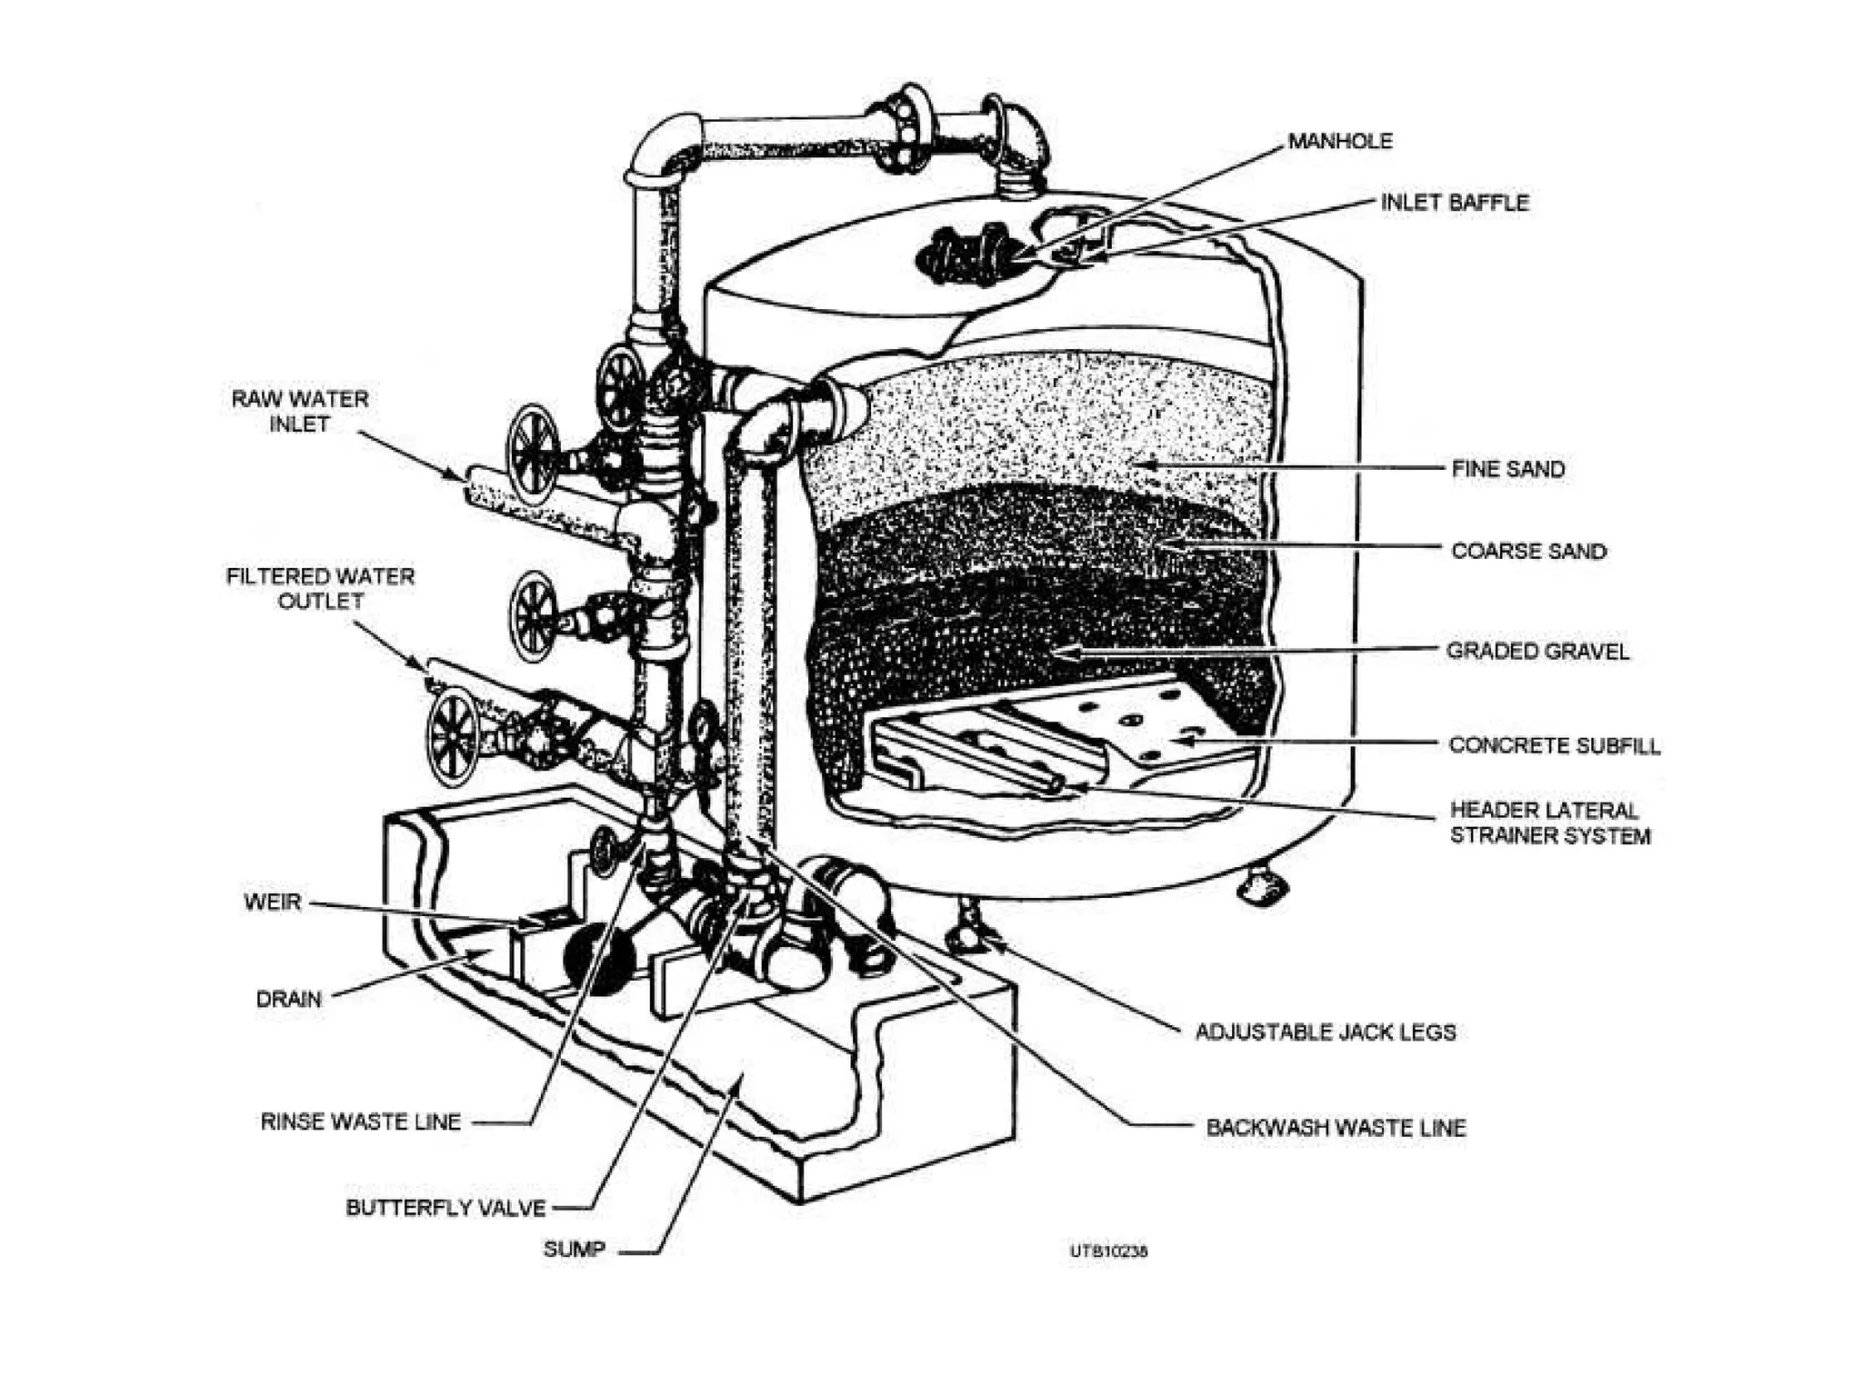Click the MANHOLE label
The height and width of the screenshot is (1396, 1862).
(1340, 142)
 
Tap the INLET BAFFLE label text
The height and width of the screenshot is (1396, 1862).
(1455, 203)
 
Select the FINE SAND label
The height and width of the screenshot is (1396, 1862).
(1508, 470)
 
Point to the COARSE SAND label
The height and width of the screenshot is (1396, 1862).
(1528, 552)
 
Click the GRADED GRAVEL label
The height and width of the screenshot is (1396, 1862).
(1537, 652)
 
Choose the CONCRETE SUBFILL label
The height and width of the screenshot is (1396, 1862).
(1554, 746)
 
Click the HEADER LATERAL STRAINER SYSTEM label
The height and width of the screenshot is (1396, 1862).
(1549, 823)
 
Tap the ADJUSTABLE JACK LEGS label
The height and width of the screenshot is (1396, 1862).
(1325, 1032)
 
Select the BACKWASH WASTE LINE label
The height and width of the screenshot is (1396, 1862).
(1336, 1129)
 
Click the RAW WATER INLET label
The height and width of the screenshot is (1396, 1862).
(300, 412)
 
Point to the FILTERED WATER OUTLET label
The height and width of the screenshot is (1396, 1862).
(320, 589)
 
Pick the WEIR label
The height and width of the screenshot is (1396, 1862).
(272, 902)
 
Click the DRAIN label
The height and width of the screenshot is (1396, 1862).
(288, 1000)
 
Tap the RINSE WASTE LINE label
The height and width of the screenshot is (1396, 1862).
(361, 1122)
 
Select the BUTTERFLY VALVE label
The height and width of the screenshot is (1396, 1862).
(445, 1209)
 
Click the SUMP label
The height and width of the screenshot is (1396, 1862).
(574, 1250)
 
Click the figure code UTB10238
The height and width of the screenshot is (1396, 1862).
(1108, 1251)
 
